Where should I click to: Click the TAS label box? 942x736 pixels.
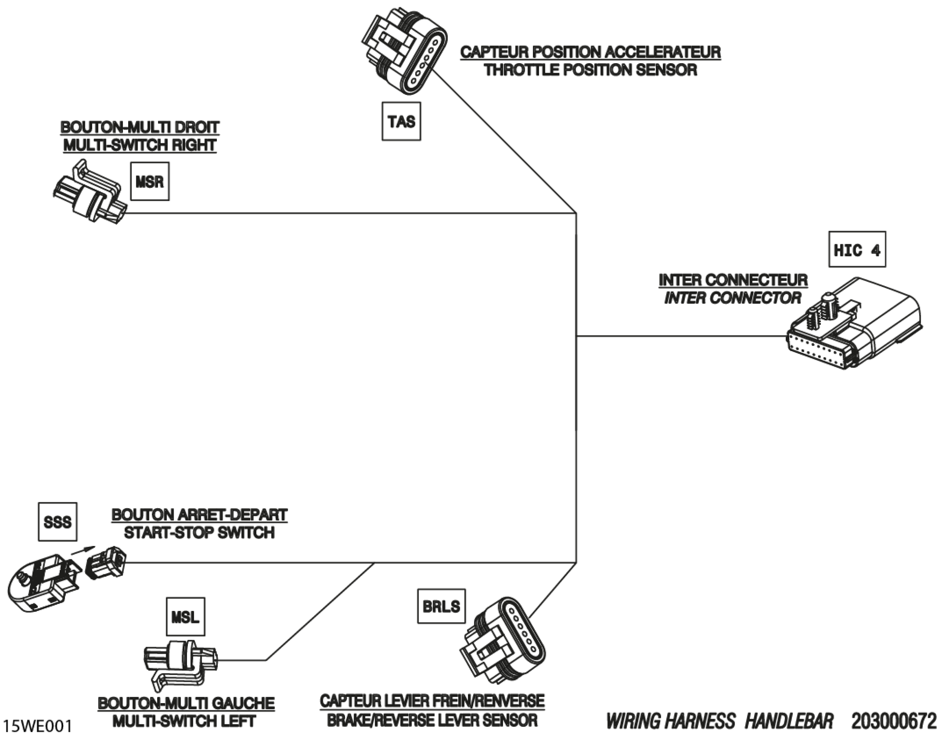pyautogui.click(x=401, y=121)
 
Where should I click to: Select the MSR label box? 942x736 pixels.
pyautogui.click(x=150, y=181)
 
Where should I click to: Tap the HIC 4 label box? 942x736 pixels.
pyautogui.click(x=857, y=249)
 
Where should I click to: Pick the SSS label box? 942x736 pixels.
pyautogui.click(x=58, y=522)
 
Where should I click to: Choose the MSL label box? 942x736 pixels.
pyautogui.click(x=186, y=617)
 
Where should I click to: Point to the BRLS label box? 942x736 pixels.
pyautogui.click(x=441, y=606)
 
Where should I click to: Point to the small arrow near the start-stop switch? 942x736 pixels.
pyautogui.click(x=82, y=550)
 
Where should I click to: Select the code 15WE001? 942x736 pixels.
pyautogui.click(x=38, y=725)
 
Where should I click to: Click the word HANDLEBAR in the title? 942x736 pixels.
pyautogui.click(x=789, y=721)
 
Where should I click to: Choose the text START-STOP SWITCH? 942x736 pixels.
pyautogui.click(x=199, y=533)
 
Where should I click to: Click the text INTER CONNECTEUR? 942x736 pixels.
pyautogui.click(x=733, y=280)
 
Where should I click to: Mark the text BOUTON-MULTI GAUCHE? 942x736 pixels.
pyautogui.click(x=186, y=704)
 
